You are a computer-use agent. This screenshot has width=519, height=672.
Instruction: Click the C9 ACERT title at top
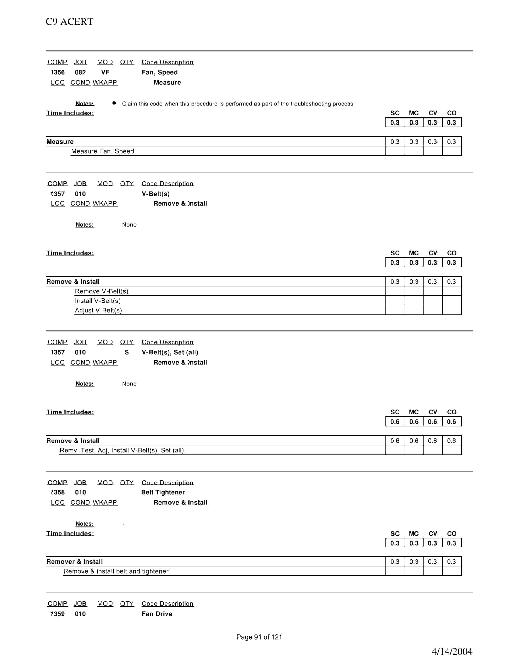point(70,22)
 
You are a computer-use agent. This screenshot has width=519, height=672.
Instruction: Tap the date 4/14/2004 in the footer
point(452,651)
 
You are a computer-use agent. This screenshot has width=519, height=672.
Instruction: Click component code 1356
point(57,72)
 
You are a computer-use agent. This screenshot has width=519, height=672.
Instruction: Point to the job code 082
point(80,72)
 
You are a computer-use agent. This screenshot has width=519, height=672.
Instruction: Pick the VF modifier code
point(105,72)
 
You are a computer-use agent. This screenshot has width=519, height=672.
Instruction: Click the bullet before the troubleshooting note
point(114,103)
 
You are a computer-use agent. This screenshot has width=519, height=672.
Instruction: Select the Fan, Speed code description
point(160,72)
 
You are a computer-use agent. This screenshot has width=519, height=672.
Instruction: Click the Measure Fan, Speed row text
point(102,151)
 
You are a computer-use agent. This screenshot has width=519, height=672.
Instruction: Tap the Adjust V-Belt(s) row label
point(98,310)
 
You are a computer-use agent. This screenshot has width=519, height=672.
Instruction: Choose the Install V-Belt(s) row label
point(98,301)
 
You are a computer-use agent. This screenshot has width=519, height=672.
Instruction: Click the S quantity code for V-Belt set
point(127,352)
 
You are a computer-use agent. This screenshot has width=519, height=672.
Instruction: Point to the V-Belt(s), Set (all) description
point(170,352)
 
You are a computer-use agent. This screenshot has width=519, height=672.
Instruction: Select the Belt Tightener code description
point(163,492)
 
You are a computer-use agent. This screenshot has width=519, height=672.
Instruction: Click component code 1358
point(57,492)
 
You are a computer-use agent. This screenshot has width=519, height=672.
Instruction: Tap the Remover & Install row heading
point(74,561)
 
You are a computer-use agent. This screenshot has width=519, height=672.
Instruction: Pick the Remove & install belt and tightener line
point(116,571)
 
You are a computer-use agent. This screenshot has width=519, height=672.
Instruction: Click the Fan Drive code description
point(157,614)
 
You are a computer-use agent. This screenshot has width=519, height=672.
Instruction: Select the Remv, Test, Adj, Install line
point(122,450)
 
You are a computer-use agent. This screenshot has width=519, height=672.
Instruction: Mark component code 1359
point(57,614)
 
